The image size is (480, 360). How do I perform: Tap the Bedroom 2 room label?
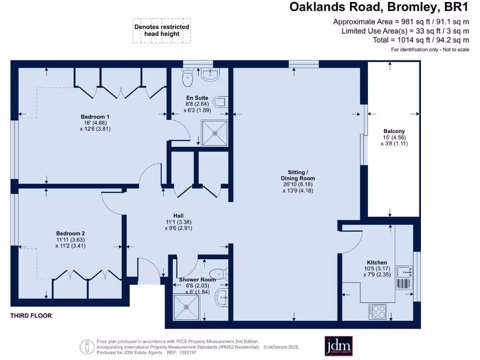pyautogui.click(x=70, y=233)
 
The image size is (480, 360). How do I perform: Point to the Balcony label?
pyautogui.click(x=394, y=131)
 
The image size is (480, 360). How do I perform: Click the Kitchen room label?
pyautogui.click(x=377, y=262)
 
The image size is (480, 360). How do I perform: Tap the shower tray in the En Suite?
pyautogui.click(x=215, y=133)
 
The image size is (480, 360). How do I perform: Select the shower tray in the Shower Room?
pyautogui.click(x=187, y=307)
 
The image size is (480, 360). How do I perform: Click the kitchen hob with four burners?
pyautogui.click(x=378, y=311)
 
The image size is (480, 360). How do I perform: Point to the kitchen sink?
pyautogui.click(x=405, y=271)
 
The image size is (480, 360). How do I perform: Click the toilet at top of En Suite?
pyautogui.click(x=188, y=77)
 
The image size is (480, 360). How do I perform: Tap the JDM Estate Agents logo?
pyautogui.click(x=338, y=346)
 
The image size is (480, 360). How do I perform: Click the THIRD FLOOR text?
pyautogui.click(x=31, y=316)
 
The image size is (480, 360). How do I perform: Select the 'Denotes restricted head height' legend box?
pyautogui.click(x=162, y=30)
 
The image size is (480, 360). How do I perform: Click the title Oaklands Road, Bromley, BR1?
pyautogui.click(x=379, y=7)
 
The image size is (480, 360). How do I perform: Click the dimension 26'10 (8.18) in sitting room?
pyautogui.click(x=298, y=185)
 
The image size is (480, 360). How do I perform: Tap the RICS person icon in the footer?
pyautogui.click(x=87, y=347)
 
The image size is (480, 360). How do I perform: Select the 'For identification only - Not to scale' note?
pyautogui.click(x=430, y=50)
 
